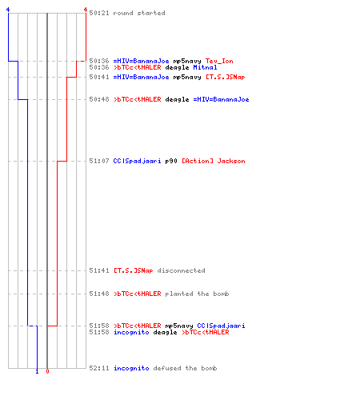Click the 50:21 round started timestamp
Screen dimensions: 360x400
99,13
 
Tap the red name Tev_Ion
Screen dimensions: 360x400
219,61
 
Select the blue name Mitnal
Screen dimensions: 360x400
205,67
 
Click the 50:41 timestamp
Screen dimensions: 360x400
99,77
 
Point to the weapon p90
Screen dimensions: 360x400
171,161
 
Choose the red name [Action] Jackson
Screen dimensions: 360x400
214,161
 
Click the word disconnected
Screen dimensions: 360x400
181,270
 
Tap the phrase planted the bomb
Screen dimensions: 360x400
197,294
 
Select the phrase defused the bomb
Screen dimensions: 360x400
185,368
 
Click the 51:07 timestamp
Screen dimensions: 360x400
99,161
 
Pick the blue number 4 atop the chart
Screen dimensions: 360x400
8,10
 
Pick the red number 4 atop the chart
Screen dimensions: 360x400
86,10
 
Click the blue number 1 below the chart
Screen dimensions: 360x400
37,371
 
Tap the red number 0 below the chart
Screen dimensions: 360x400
47,371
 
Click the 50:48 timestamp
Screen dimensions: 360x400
99,99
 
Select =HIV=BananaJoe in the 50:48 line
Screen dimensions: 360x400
221,99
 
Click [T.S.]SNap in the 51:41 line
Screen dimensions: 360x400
134,270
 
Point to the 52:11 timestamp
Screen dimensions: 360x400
99,368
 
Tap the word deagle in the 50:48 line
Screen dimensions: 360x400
177,99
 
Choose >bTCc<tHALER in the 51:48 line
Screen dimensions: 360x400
138,294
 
